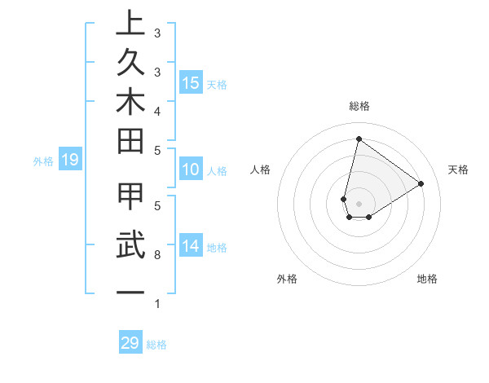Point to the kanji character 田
point(130,144)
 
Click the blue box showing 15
point(191,83)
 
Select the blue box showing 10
point(191,170)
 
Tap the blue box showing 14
point(191,247)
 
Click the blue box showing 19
point(69,161)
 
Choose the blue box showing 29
point(130,343)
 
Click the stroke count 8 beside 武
point(156,255)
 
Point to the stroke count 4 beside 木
point(156,110)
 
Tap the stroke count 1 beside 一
point(156,304)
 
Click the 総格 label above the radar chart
point(359,106)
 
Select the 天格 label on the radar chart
point(459,169)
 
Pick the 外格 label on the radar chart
point(287,279)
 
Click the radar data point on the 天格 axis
point(421,183)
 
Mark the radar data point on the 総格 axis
point(359,139)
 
